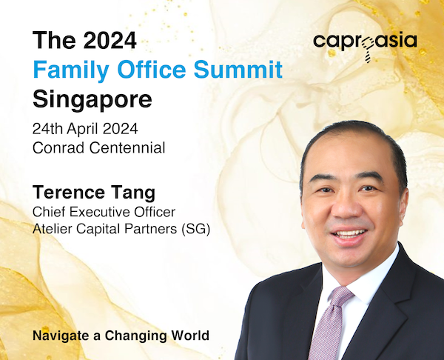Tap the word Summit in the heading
[238, 69]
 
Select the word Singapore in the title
[92, 100]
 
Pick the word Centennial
[127, 147]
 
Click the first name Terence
[69, 192]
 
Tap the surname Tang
[133, 193]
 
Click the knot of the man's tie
[340, 296]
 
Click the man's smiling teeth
[349, 234]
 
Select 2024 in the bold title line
[110, 40]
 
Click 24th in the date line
[47, 129]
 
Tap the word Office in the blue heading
[152, 69]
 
